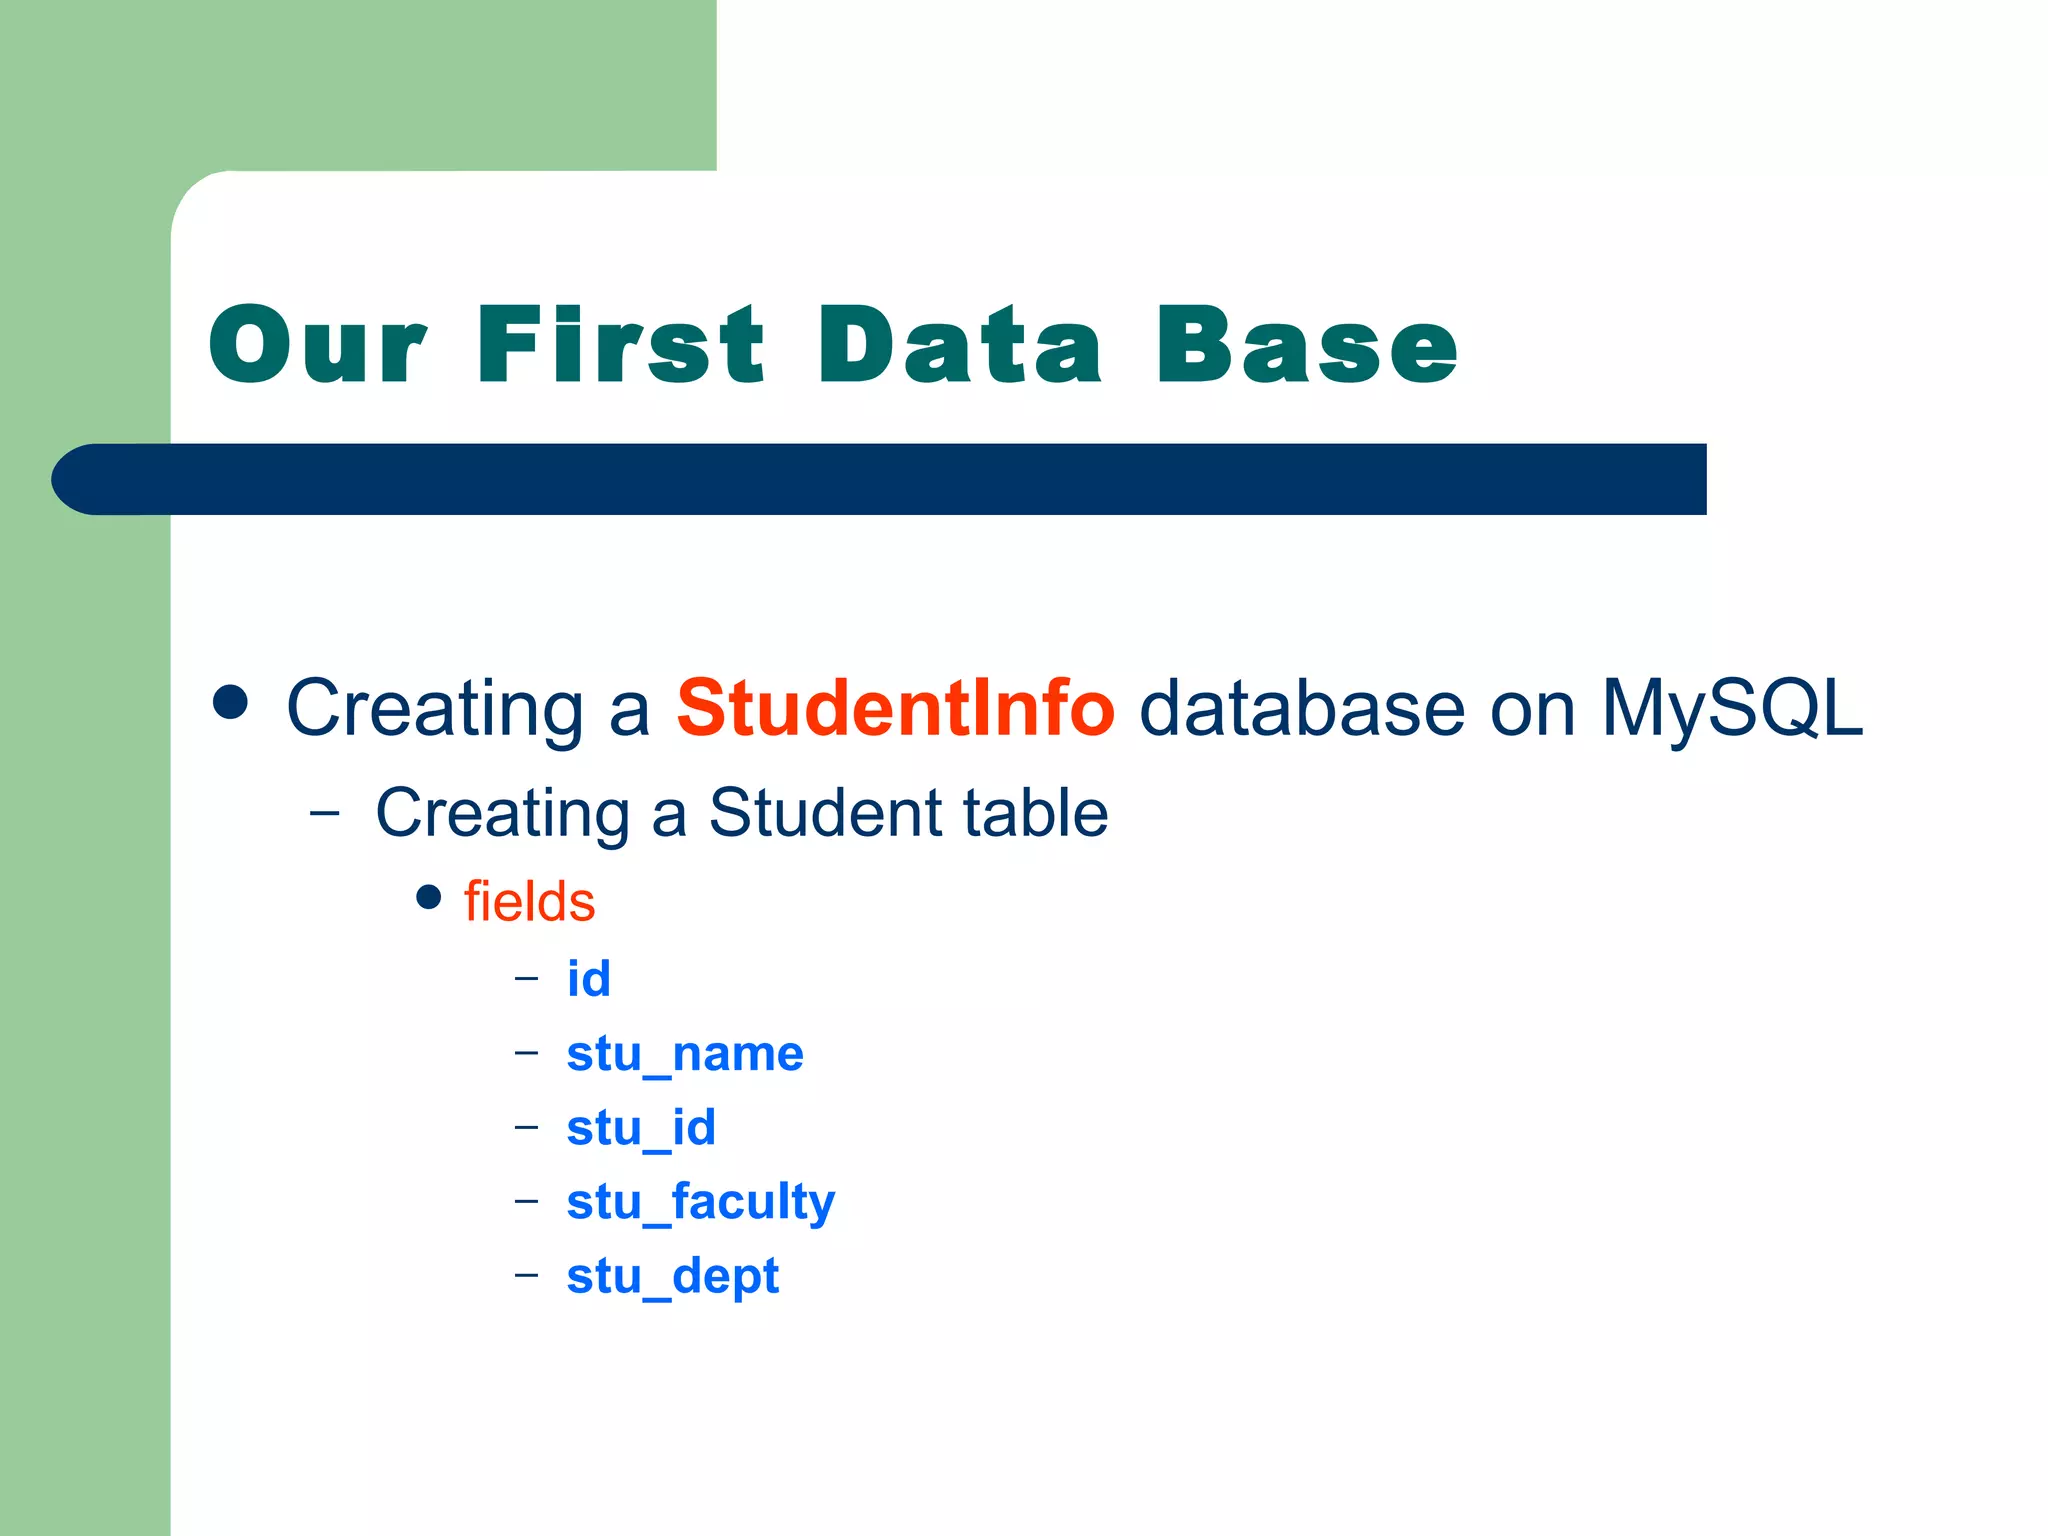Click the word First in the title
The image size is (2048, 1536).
tap(620, 345)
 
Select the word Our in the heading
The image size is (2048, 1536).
tap(318, 345)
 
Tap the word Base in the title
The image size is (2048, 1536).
tap(1307, 345)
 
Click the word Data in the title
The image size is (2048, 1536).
tap(960, 345)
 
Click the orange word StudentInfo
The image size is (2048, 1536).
tap(895, 708)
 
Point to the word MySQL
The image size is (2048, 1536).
tap(1732, 708)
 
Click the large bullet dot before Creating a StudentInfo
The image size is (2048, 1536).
tap(230, 702)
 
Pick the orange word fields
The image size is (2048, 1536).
tap(529, 901)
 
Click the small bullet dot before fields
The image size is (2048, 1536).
tap(428, 897)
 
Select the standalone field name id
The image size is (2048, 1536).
tap(588, 978)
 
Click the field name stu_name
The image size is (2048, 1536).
tap(685, 1054)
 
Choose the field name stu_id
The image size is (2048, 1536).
tap(641, 1128)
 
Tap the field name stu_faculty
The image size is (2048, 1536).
tap(700, 1202)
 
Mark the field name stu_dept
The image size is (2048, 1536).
tap(672, 1276)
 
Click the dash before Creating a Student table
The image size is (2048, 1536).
tap(324, 813)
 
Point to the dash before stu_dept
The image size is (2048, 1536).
tap(526, 1275)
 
